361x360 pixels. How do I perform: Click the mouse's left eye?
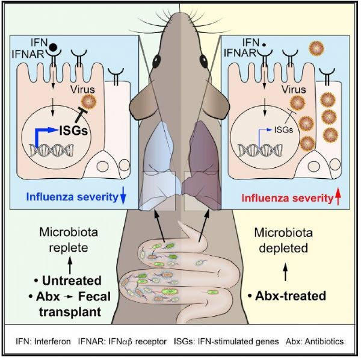point(158,61)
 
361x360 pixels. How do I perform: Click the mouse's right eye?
point(204,61)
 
